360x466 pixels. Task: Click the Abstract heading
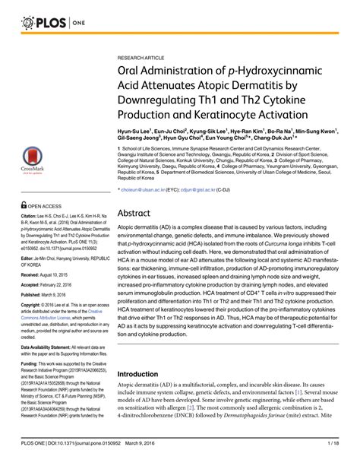[x=143, y=235]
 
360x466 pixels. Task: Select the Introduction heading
[x=150, y=395]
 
